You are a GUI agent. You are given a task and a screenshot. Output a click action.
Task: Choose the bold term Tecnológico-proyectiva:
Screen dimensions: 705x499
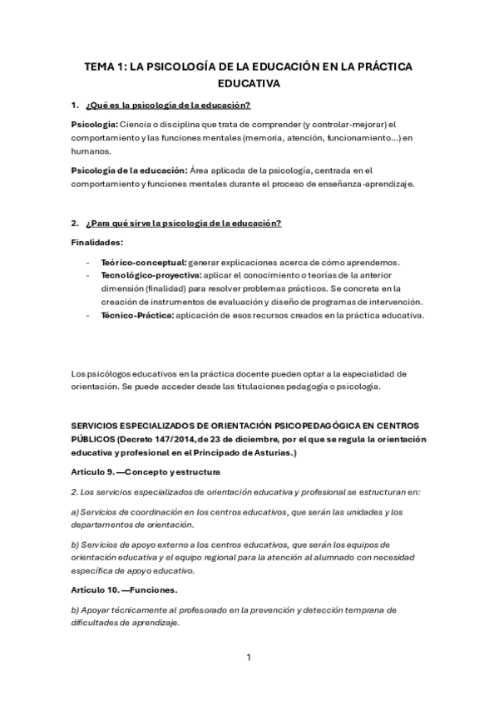pos(151,275)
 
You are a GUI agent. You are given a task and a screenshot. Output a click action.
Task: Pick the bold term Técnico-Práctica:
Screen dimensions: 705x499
pos(137,315)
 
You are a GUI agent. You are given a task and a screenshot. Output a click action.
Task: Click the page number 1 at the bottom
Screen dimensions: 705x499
pos(249,658)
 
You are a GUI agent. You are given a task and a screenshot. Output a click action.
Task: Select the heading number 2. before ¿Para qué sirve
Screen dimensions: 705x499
pos(76,223)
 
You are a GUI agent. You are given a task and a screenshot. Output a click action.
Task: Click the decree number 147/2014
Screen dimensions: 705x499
pos(176,438)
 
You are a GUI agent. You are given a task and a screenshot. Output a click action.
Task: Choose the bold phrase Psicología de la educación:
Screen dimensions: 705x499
pos(129,170)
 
